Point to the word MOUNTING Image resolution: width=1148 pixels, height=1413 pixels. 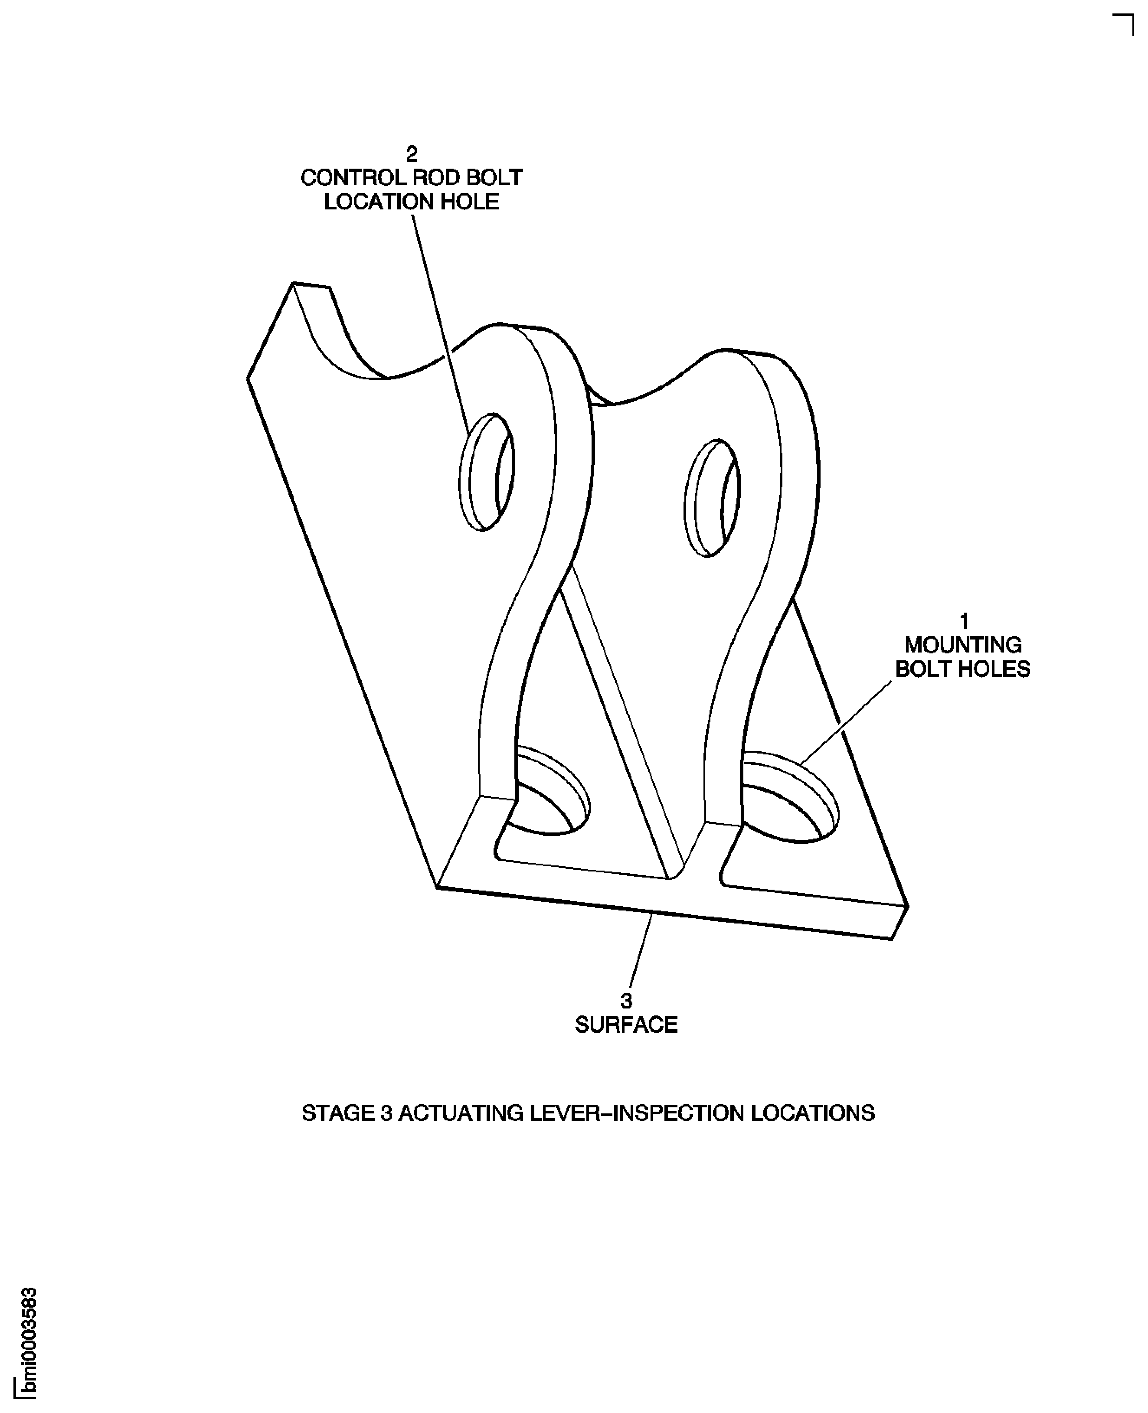pos(963,645)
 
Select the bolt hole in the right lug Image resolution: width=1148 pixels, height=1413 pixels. pos(712,497)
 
